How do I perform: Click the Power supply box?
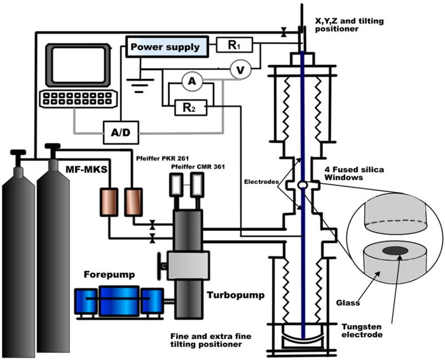pyautogui.click(x=165, y=46)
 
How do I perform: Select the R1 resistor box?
pyautogui.click(x=235, y=45)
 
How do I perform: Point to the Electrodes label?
pyautogui.click(x=263, y=181)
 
